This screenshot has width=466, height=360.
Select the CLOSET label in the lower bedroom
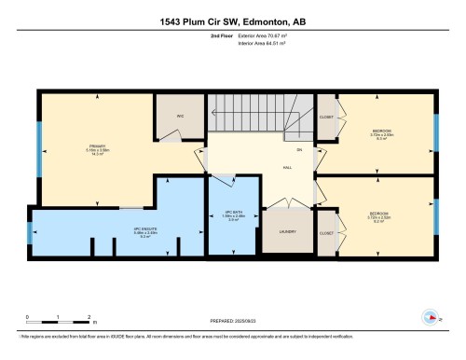[327, 232]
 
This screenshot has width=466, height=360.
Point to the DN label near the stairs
[299, 149]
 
